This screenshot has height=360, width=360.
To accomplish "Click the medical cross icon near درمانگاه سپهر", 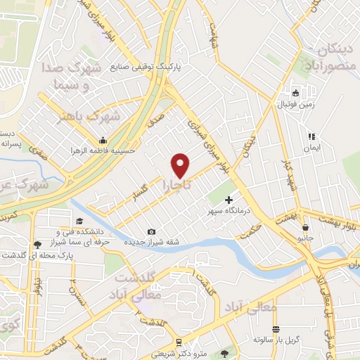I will (x=229, y=200).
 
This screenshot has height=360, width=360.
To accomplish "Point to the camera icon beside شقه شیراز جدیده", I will (x=151, y=232).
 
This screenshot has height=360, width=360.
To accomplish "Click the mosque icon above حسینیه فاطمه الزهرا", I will (x=103, y=139).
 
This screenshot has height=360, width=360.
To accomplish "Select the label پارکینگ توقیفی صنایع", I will (x=146, y=69).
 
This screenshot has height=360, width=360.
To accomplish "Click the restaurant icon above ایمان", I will (x=309, y=136).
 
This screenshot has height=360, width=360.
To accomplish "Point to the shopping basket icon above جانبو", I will (x=306, y=227).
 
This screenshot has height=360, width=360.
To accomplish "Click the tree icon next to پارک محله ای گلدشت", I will (x=36, y=245).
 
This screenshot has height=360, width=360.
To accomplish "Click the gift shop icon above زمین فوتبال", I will (x=296, y=93).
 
